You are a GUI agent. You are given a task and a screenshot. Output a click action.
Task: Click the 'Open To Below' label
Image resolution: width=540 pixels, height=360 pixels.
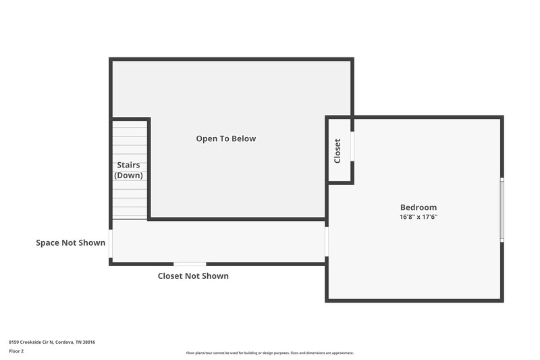click(226, 138)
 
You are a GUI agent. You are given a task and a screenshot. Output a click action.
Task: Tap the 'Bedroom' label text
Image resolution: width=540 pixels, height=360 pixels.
click(418, 207)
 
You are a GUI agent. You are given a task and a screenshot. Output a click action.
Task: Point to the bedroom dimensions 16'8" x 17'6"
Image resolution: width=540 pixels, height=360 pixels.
click(418, 217)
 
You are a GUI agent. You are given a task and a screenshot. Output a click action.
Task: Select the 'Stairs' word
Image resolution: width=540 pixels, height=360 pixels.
click(128, 165)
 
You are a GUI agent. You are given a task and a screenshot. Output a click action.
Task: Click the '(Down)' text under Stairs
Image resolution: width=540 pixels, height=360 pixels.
click(128, 176)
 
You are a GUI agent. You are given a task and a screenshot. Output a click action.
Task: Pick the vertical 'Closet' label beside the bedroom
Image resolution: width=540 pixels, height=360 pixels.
click(337, 151)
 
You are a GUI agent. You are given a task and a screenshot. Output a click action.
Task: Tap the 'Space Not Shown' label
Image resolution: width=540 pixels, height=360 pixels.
click(71, 242)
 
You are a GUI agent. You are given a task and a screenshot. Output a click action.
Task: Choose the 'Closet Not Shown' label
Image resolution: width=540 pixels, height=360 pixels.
click(193, 276)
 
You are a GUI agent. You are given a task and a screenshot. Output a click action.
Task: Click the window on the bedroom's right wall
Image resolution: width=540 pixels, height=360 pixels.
click(502, 209)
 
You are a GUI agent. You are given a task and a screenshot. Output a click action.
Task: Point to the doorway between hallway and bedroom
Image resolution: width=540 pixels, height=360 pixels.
click(327, 241)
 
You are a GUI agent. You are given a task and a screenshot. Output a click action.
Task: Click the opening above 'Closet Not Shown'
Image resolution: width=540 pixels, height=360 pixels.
click(190, 263)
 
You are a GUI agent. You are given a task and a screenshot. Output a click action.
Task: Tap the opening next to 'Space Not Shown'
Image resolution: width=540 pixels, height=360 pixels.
click(111, 242)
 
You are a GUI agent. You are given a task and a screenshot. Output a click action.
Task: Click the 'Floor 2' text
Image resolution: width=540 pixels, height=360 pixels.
click(16, 351)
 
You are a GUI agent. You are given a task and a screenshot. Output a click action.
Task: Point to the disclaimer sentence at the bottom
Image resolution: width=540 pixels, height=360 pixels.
click(270, 353)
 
